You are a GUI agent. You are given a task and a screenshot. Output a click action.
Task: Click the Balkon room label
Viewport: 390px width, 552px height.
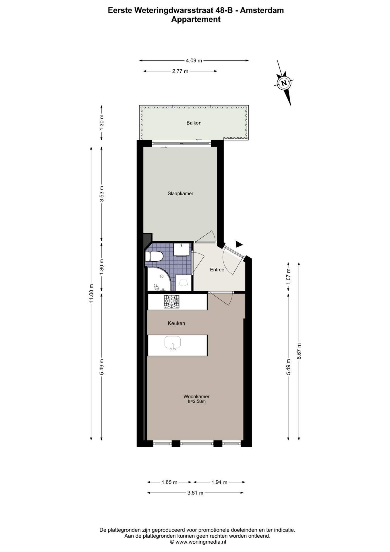(x=194, y=123)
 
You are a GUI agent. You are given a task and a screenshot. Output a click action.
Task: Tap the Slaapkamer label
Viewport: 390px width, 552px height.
(x=180, y=193)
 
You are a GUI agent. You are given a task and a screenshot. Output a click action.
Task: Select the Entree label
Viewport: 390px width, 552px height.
(x=217, y=270)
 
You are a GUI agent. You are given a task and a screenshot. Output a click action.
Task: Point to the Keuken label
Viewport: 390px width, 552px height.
(x=176, y=323)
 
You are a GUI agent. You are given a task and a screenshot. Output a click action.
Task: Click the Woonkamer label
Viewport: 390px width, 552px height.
(x=196, y=396)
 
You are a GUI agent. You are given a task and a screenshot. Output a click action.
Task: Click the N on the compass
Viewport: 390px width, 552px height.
(x=284, y=83)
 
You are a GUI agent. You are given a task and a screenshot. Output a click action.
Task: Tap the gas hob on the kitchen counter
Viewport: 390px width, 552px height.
(x=171, y=302)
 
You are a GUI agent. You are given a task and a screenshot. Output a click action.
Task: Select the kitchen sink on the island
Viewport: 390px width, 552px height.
(x=172, y=343)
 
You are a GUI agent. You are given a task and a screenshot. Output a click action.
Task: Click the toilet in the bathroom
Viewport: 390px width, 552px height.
(x=154, y=256)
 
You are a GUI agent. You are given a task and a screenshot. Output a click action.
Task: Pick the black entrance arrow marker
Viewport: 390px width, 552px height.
(x=239, y=244)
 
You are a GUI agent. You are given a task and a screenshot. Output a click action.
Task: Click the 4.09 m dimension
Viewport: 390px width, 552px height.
(x=194, y=61)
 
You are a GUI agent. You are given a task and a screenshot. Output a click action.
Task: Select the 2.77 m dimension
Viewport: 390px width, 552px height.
(x=180, y=71)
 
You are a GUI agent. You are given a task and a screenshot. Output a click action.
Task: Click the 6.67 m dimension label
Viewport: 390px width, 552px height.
(x=299, y=351)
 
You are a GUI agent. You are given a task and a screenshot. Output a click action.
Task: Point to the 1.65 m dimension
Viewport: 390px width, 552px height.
(x=169, y=482)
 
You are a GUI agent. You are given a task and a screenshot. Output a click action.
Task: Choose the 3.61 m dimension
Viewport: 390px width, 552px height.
(x=195, y=493)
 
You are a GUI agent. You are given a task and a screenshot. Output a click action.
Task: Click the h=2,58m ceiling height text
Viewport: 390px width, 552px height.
(x=197, y=401)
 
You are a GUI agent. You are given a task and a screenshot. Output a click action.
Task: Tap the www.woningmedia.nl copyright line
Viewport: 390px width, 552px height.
(x=198, y=542)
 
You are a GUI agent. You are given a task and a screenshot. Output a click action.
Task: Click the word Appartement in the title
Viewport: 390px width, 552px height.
(x=196, y=20)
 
